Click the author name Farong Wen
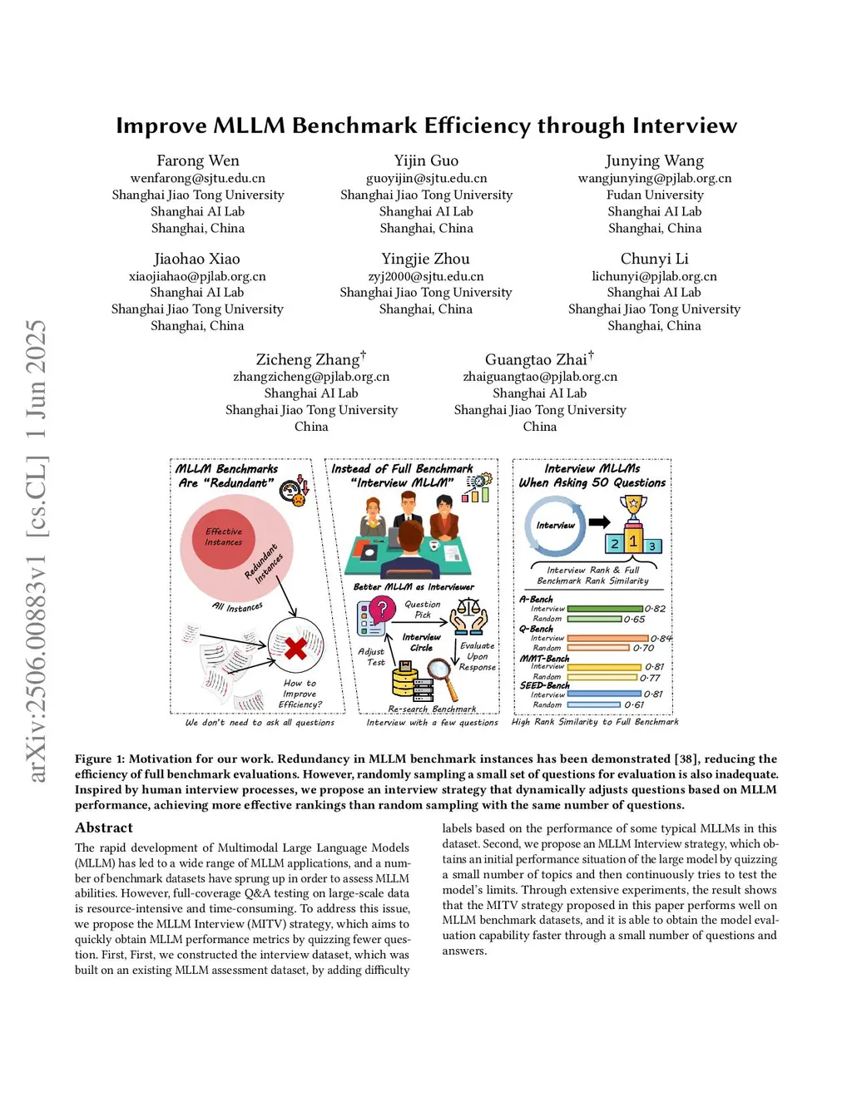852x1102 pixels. pos(198,161)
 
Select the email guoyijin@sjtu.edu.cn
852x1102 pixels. pos(426,178)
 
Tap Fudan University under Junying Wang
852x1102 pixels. pos(655,195)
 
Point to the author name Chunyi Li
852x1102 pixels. pos(654,259)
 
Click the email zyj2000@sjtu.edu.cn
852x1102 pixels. pos(426,276)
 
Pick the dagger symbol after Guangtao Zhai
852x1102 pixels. pos(591,355)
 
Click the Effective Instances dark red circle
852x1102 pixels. pos(224,537)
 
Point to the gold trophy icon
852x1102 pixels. pos(633,506)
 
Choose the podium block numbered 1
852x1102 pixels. pos(633,541)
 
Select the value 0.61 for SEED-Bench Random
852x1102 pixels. pos(634,705)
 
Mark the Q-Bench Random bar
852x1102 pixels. pos(597,648)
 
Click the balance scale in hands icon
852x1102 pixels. pos(469,616)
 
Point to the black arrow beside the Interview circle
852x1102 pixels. pos(599,522)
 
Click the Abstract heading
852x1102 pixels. pos(104,828)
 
